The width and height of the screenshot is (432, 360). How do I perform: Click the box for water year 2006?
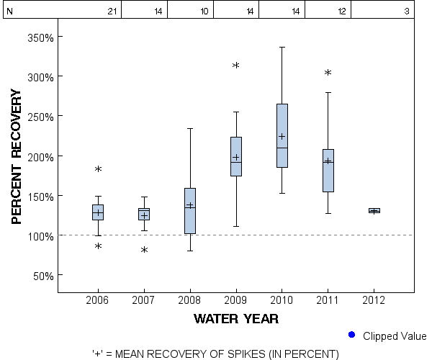point(98,212)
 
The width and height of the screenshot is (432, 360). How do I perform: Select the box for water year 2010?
point(282,136)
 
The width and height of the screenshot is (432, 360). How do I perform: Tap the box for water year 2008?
point(190,211)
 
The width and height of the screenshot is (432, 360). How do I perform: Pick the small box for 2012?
point(374,211)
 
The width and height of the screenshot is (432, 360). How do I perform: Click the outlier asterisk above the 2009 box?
point(235,66)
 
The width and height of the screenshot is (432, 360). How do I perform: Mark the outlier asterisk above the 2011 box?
point(328,73)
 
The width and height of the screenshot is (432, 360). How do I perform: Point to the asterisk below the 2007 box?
point(144,251)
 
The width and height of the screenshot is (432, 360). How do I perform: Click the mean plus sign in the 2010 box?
point(282,136)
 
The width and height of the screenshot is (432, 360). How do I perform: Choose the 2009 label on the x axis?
point(235,300)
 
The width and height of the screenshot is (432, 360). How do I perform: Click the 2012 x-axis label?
point(374,300)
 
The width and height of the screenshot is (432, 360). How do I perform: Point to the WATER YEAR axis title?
point(235,318)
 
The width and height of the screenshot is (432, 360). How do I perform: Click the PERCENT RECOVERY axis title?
point(18,156)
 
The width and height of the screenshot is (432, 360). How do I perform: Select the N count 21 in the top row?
point(112,11)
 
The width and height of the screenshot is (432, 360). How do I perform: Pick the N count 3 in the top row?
point(407,11)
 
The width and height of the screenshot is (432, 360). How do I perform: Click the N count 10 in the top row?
point(204,11)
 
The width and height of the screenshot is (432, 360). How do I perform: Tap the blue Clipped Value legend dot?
point(352,335)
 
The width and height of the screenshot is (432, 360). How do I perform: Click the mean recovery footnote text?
point(215,354)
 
